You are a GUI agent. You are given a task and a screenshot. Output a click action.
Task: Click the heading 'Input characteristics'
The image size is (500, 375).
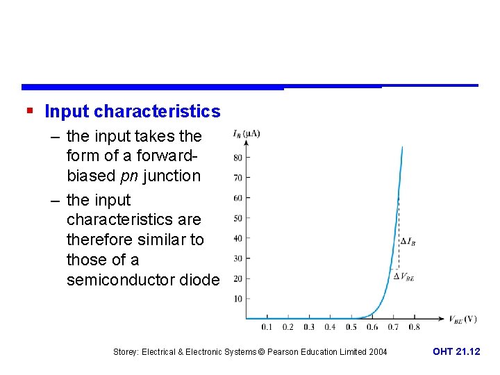[132, 111]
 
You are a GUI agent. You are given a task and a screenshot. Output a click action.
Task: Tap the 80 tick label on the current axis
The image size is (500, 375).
[237, 158]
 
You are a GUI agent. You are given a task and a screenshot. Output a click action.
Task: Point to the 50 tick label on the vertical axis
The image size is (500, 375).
[237, 218]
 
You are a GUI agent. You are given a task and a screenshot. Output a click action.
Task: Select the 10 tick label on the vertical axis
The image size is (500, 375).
[237, 299]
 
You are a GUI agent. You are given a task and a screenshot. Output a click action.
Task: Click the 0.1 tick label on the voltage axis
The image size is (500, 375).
[267, 326]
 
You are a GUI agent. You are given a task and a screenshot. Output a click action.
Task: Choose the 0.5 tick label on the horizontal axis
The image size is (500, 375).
[351, 326]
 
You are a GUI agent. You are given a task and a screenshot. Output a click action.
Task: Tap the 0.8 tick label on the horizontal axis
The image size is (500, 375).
[414, 326]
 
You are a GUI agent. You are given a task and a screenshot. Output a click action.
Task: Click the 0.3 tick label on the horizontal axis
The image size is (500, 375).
[308, 326]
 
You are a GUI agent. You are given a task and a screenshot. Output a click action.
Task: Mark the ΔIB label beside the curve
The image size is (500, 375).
[408, 242]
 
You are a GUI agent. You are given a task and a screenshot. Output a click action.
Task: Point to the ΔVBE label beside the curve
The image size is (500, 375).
[404, 276]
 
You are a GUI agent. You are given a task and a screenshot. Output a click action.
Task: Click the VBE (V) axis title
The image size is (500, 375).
[462, 319]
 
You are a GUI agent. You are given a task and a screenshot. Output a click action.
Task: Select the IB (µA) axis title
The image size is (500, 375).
[246, 133]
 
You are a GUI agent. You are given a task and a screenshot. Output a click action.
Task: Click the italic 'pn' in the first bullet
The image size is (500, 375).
[128, 176]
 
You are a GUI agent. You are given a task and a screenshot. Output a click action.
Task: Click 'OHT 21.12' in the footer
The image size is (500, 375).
[456, 352]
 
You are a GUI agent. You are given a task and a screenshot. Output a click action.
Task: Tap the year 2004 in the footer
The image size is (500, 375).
[378, 352]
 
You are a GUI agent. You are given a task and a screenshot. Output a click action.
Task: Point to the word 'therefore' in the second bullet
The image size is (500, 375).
[101, 240]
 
